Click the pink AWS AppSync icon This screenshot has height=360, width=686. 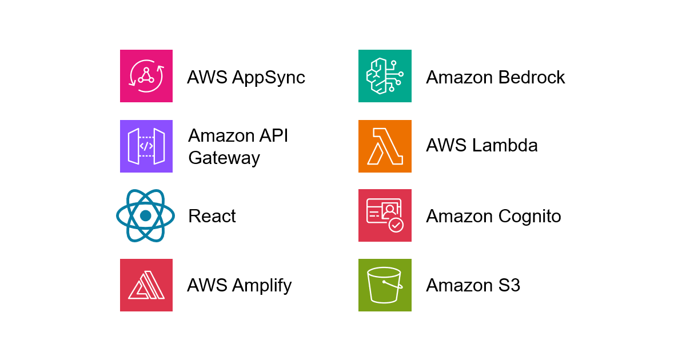146,76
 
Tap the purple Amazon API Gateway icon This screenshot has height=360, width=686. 146,146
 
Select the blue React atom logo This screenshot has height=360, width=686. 145,215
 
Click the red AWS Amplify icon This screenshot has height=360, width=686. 146,285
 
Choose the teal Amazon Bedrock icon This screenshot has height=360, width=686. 385,76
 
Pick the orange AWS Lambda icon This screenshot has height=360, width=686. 385,146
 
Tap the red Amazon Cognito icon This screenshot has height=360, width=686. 385,215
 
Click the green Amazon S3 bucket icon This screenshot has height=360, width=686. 385,285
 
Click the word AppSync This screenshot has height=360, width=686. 269,78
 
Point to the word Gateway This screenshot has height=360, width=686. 224,158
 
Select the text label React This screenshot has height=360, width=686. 212,217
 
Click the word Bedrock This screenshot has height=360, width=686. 531,77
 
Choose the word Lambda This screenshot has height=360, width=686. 505,146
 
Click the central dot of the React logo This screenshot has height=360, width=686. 145,215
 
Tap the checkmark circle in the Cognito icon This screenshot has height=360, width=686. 396,225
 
